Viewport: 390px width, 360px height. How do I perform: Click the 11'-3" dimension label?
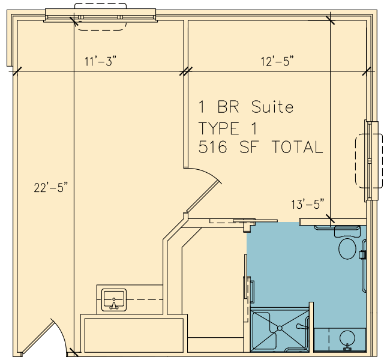pyautogui.click(x=100, y=61)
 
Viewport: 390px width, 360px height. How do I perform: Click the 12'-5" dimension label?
pyautogui.click(x=277, y=61)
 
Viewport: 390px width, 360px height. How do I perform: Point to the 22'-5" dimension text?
pyautogui.click(x=51, y=187)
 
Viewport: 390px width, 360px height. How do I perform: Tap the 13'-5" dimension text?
pyautogui.click(x=308, y=204)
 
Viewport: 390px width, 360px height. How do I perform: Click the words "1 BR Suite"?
pyautogui.click(x=246, y=107)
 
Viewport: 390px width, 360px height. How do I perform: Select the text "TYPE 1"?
pyautogui.click(x=227, y=128)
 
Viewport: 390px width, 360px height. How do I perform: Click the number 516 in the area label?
pyautogui.click(x=212, y=146)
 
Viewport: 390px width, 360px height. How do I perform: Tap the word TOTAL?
pyautogui.click(x=298, y=146)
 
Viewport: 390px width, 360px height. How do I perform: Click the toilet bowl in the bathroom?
pyautogui.click(x=347, y=248)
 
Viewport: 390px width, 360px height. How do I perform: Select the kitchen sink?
pyautogui.click(x=114, y=300)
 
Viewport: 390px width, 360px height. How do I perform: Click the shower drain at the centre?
pyautogui.click(x=280, y=328)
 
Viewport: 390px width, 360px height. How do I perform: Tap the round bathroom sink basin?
pyautogui.click(x=347, y=338)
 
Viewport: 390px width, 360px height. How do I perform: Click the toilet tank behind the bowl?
pyautogui.click(x=347, y=232)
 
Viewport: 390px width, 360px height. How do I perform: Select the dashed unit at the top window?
pyautogui.click(x=100, y=17)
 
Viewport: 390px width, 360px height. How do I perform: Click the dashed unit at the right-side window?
pyautogui.click(x=369, y=161)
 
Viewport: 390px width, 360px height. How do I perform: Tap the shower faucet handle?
pyautogui.click(x=302, y=326)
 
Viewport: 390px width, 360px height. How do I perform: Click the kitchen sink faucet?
pyautogui.click(x=114, y=304)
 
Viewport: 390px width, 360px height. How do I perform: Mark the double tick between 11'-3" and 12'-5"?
pyautogui.click(x=186, y=71)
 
